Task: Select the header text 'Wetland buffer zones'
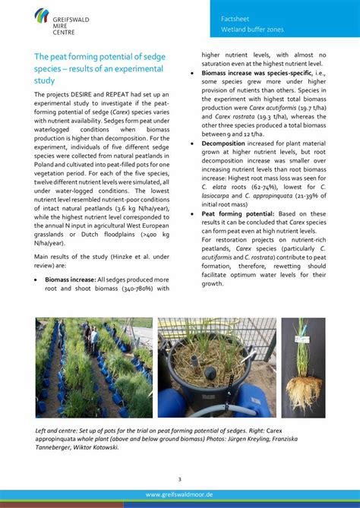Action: [251, 30]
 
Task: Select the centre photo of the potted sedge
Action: [216, 367]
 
